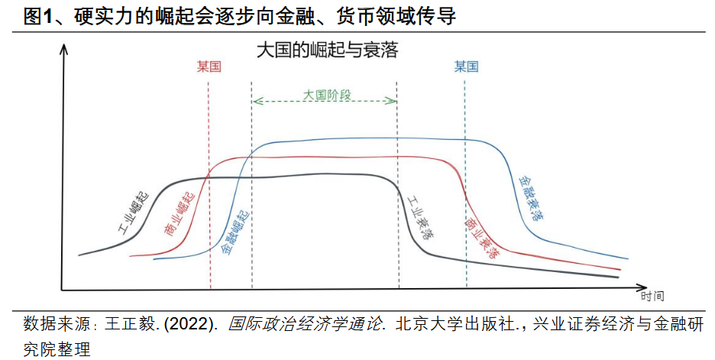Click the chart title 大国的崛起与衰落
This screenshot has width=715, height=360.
point(328,51)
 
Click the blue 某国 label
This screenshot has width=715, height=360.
point(466,67)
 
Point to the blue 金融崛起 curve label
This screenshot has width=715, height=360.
point(238,230)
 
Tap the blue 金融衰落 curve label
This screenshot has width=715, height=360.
point(531,196)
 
